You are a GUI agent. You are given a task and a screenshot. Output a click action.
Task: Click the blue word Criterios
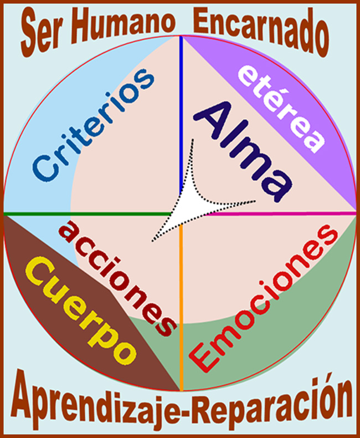[92, 125]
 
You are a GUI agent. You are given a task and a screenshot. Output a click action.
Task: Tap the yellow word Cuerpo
[83, 310]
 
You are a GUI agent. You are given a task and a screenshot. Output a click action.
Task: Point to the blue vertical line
[181, 111]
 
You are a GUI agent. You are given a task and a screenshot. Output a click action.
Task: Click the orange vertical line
[181, 310]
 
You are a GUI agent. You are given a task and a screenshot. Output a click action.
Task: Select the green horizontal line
[83, 213]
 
